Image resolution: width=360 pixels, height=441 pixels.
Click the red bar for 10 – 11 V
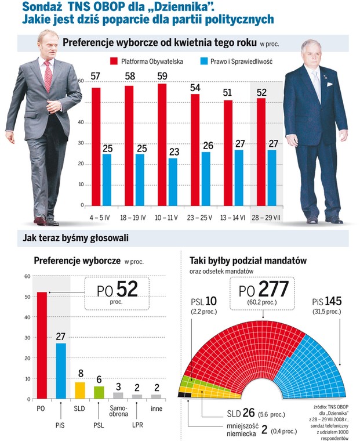pos(162,145)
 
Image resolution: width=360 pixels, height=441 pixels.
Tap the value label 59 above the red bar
pos(163,77)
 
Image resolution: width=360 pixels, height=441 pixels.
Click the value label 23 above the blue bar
pos(173,151)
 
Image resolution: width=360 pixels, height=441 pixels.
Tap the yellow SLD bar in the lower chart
pos(80,391)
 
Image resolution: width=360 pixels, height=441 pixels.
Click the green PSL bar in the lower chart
pos(99,393)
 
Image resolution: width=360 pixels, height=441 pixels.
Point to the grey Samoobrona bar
pos(118,396)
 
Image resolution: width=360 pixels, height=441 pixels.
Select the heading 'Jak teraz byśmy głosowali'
pos(75,238)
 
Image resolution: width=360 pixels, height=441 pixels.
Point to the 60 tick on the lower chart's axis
pos(27,276)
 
